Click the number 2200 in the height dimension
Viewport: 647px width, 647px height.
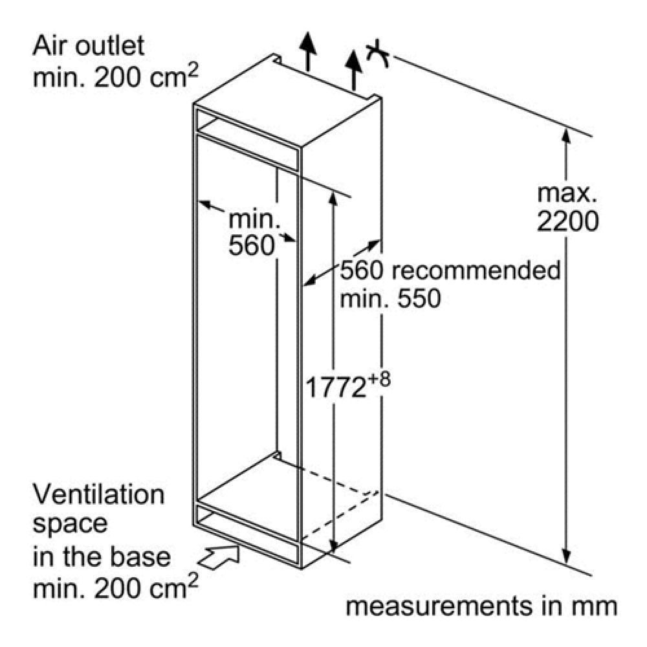pyautogui.click(x=567, y=221)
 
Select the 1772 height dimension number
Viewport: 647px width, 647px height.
pyautogui.click(x=335, y=388)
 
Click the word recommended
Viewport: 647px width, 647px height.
pyautogui.click(x=476, y=270)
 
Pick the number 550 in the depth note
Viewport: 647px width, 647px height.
pyautogui.click(x=419, y=298)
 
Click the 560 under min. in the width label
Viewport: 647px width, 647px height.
pyautogui.click(x=251, y=245)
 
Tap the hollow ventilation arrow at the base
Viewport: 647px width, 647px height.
pyautogui.click(x=219, y=557)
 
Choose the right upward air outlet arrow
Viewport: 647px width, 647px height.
pyautogui.click(x=354, y=70)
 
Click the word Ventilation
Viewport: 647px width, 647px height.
pyautogui.click(x=98, y=495)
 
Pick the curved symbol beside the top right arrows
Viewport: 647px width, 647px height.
pyautogui.click(x=377, y=53)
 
